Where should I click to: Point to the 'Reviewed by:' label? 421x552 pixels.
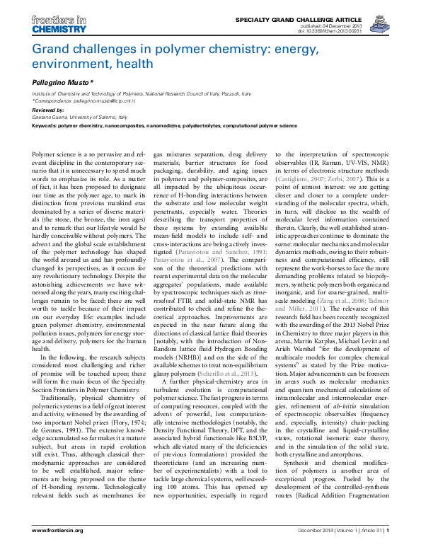coord(47,111)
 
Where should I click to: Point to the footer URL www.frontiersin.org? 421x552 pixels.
coord(62,529)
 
